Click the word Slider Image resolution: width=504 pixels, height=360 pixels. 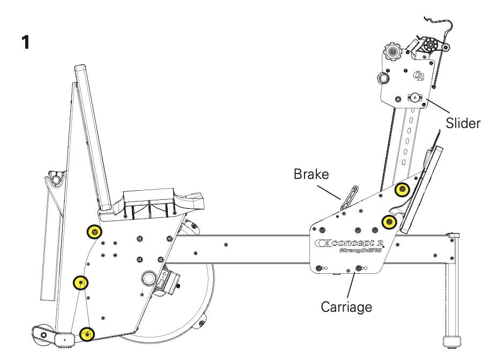[x=463, y=123]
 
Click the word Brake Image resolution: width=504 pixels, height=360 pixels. [x=310, y=174]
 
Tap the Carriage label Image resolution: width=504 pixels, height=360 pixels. [x=346, y=307]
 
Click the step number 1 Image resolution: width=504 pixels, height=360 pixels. [x=25, y=43]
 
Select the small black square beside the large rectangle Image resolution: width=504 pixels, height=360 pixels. [x=129, y=51]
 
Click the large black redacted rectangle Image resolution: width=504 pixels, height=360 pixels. [x=245, y=67]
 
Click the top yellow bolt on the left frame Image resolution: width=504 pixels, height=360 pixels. [x=94, y=231]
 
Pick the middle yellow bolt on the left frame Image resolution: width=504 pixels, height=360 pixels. [x=80, y=282]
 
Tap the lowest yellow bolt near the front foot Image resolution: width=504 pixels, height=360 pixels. [x=86, y=334]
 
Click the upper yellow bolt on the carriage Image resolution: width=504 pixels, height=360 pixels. [x=402, y=189]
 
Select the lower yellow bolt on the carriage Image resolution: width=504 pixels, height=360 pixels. [x=389, y=221]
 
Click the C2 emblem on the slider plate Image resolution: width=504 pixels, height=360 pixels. [x=419, y=74]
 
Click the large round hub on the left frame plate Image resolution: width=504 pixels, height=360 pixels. [x=148, y=277]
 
